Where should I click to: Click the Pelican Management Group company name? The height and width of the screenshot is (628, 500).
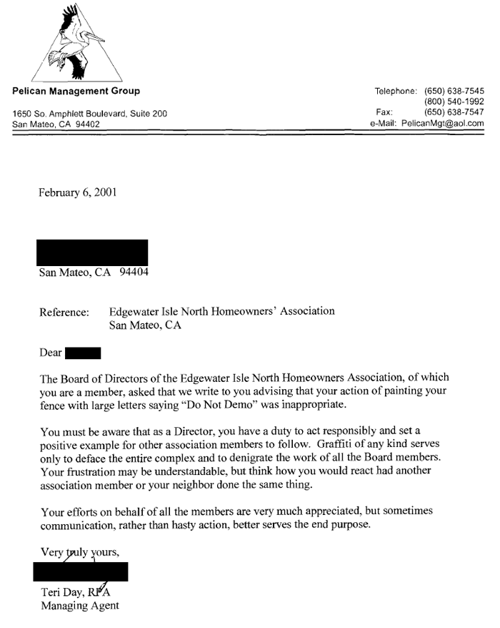coord(76,91)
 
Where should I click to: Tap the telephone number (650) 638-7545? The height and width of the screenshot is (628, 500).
coord(454,91)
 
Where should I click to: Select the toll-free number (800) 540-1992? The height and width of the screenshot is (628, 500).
coord(454,102)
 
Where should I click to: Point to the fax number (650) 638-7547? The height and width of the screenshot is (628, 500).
coord(454,112)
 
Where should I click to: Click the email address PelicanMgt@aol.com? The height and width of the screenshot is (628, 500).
coord(443,123)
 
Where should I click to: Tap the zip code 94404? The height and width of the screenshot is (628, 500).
coord(134,272)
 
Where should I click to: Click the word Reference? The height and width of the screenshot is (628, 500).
coord(64,312)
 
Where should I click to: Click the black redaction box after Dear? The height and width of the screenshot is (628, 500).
coord(83,353)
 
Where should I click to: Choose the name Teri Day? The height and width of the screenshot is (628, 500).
coord(68,592)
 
